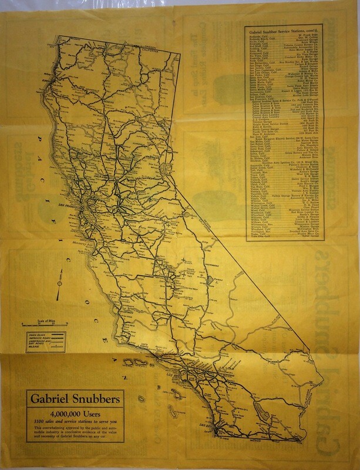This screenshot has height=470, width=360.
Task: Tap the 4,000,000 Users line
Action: pos(73,413)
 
